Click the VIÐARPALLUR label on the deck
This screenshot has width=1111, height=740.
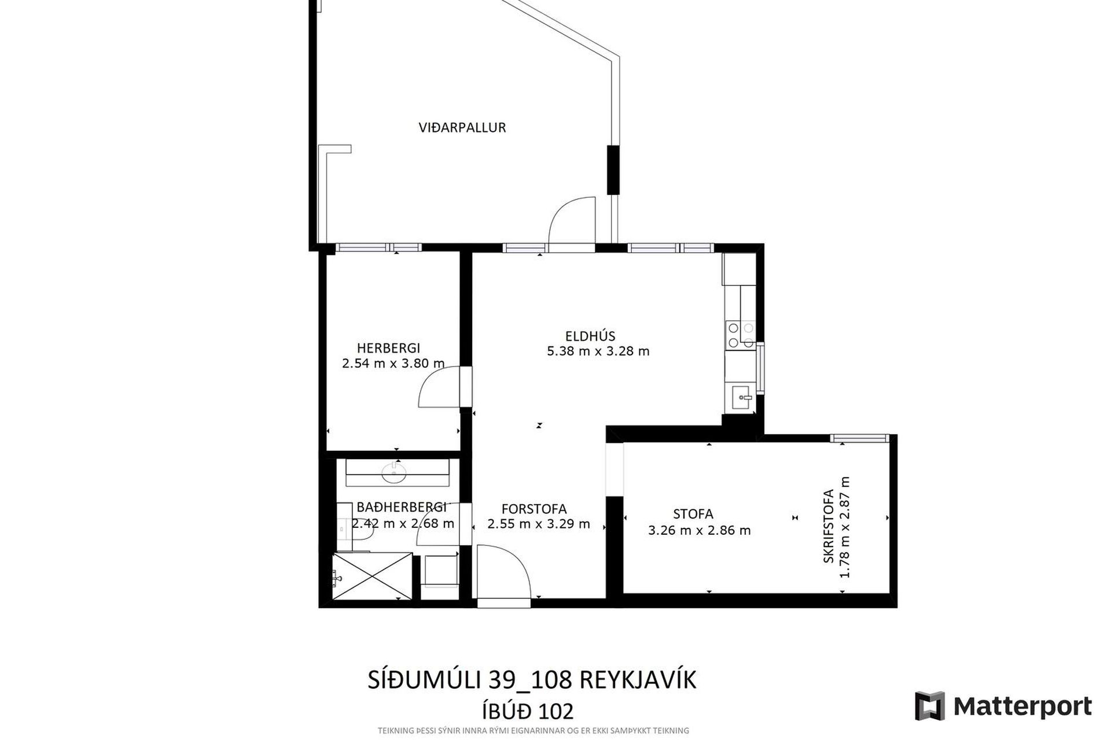[462, 128]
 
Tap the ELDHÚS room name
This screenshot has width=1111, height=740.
[590, 336]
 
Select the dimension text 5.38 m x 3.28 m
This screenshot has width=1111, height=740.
[598, 351]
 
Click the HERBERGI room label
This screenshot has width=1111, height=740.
[388, 348]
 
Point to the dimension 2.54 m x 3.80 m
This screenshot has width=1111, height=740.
[393, 364]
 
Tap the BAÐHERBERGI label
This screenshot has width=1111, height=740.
[402, 508]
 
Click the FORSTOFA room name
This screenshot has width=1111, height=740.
[534, 509]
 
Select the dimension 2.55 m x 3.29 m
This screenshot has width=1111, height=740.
[539, 524]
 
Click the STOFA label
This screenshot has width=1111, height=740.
[693, 514]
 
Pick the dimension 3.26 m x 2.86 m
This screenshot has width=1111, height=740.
[700, 530]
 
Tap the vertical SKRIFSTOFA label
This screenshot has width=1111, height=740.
[829, 526]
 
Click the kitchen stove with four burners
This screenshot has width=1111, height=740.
[741, 335]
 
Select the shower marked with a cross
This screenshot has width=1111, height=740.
[372, 576]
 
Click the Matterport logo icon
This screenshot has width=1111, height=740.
[930, 706]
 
